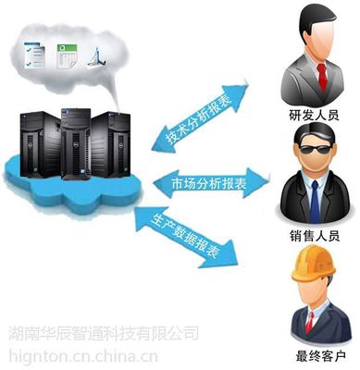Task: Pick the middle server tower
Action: point(77,140)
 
